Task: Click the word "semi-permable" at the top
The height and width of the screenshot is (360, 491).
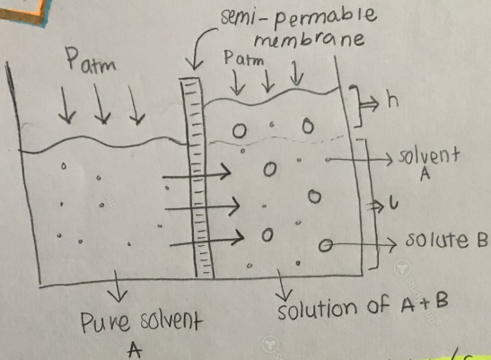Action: point(298,17)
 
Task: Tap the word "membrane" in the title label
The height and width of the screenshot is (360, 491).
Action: point(310,40)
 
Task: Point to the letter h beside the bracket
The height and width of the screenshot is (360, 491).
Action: point(392,101)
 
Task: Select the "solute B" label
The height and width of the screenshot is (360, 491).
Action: point(446,240)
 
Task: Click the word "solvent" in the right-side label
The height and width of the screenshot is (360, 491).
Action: point(429,155)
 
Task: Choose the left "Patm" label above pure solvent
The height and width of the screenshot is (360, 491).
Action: point(90,61)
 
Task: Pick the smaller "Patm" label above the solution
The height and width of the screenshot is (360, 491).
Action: point(243,58)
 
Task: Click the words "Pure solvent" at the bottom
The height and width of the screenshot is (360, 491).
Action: point(140,321)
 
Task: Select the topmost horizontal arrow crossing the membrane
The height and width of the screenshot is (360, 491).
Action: point(197,174)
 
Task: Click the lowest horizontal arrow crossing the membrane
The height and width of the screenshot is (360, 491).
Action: point(207,241)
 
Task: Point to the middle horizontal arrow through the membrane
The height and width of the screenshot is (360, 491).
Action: point(202,207)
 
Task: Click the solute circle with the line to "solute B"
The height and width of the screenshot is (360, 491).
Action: point(325,245)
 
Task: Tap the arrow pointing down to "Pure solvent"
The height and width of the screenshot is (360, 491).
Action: point(117,286)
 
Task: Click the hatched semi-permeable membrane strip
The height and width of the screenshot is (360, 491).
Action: point(197,178)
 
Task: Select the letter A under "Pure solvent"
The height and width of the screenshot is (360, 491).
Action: point(135,349)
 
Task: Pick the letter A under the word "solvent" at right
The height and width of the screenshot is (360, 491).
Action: point(425,174)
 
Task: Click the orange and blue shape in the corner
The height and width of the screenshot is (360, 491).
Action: point(23,12)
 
